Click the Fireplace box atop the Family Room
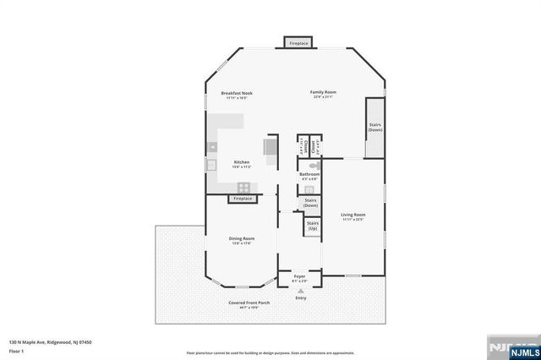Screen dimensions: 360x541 point(298,42)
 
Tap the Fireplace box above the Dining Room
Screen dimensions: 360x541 point(243,199)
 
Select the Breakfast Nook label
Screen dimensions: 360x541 point(237,95)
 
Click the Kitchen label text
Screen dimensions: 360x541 point(242,163)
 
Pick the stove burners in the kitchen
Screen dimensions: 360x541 point(243,187)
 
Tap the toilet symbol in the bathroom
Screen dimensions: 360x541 point(312,168)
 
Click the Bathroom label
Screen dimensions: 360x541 point(309,176)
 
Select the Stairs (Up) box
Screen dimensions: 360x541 point(312,226)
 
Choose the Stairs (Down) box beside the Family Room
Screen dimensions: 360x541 point(374,128)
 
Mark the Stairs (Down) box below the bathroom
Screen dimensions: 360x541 point(310,203)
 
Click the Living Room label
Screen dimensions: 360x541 point(352,216)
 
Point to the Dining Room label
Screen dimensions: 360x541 point(242,241)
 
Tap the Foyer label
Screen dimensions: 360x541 point(299,277)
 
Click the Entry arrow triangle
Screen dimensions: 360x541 point(300,290)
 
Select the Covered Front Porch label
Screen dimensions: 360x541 point(249,303)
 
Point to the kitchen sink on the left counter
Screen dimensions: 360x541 point(212,164)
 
